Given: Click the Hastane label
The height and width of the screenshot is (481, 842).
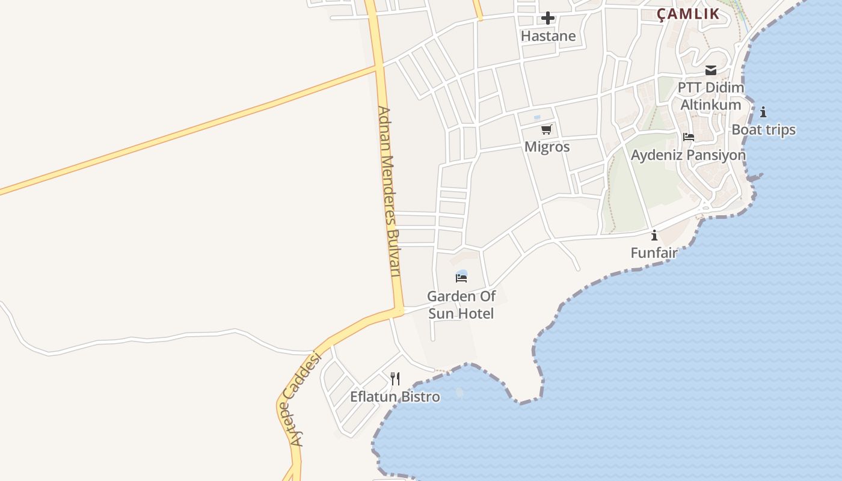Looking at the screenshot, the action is pos(548,36).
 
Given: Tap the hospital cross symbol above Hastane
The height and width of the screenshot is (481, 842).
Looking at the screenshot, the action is pos(547,18).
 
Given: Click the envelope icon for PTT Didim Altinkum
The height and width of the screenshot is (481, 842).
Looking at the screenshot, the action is pos(711,70).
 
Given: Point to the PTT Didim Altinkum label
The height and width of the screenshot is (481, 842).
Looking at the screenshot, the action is pos(710,96).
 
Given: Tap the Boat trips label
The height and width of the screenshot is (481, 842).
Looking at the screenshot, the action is pos(763,130).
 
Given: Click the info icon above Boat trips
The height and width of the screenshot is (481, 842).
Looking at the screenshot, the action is pos(763,112).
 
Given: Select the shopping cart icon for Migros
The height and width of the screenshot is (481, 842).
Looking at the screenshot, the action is pos(547,129).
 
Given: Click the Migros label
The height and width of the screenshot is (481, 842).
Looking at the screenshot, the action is pos(547,147).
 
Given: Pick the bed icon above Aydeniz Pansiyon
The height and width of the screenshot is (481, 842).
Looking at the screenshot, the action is pos(689,138).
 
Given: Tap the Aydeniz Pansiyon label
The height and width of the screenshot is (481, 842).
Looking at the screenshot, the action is pos(688,155).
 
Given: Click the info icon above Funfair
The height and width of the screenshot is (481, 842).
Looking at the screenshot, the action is pos(654,235).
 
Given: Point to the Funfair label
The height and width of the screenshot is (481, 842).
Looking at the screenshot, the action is pos(654,253).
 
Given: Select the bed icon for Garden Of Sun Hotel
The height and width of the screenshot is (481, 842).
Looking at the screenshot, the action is pos(461,278).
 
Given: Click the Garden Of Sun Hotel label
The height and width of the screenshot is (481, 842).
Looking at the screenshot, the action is pos(461,305).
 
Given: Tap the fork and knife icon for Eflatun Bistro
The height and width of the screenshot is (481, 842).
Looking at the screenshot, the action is pos(395,379).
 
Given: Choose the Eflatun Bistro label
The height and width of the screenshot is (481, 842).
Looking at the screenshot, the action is pos(395,397).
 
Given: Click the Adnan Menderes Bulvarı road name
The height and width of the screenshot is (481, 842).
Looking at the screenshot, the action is pos(389,191).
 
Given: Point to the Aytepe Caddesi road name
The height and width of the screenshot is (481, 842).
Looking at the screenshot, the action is pos(305,399).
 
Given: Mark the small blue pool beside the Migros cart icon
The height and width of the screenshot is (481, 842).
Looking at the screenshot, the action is pos(537,117).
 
